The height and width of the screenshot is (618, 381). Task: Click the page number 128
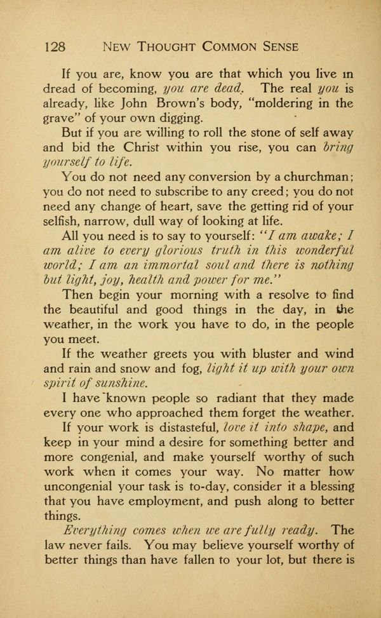click(57, 46)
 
